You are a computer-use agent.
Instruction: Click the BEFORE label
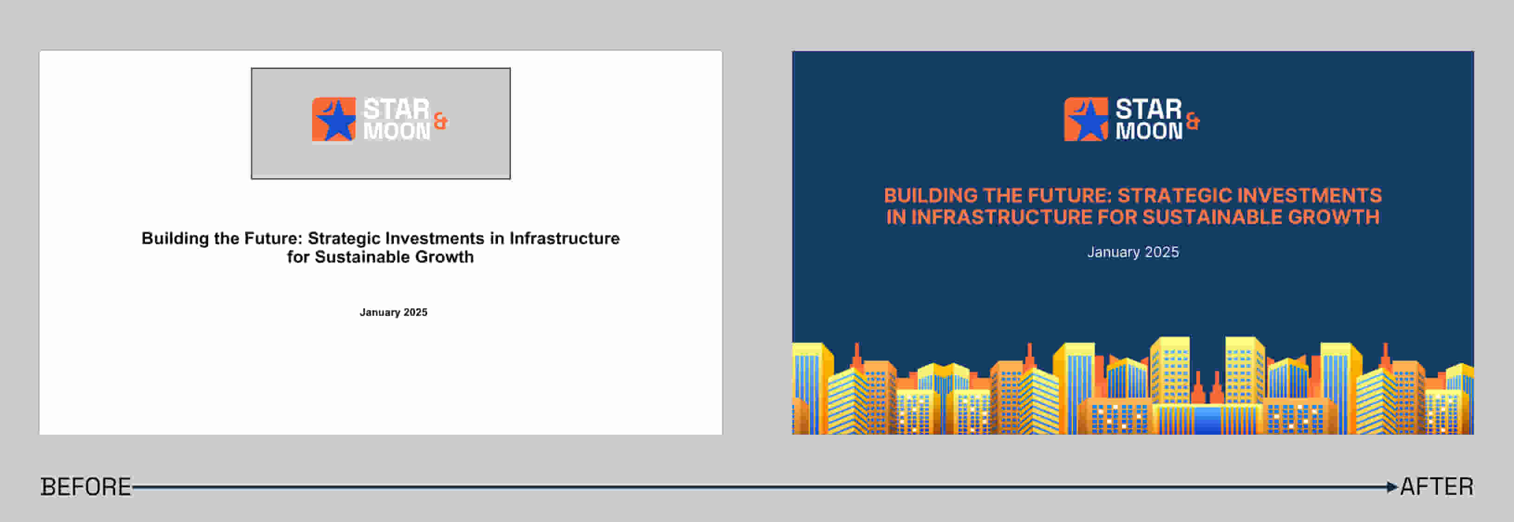coord(86,487)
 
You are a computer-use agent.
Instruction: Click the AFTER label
coord(1437,487)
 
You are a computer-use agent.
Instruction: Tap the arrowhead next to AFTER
coord(1392,487)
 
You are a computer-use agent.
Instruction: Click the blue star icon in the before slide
coord(334,120)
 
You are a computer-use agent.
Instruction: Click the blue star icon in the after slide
coord(1087,120)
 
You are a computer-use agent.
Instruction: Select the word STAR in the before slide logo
coord(397,109)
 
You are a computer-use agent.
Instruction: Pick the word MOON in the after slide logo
coord(1149,131)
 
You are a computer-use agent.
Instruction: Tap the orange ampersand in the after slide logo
coord(1193,121)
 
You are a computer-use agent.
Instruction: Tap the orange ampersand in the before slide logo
coord(440,121)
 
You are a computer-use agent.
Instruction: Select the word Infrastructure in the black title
coord(564,238)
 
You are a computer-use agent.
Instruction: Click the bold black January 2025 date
coord(393,312)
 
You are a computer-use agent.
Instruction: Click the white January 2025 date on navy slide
coord(1133,252)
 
